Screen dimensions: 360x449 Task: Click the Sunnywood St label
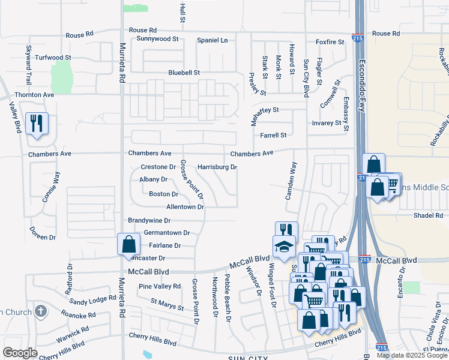pos(158,39)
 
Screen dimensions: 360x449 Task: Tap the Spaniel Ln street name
pos(212,40)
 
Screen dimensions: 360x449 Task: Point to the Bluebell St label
pos(184,72)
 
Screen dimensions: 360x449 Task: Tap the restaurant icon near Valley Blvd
pos(37,124)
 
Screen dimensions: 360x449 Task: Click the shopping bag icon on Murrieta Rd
pos(128,244)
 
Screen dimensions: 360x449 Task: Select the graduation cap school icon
pos(285,246)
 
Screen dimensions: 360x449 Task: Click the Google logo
pos(20,353)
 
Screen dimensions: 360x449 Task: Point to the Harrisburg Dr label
pos(217,167)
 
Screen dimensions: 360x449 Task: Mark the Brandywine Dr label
pos(149,221)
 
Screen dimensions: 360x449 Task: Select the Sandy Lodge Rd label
pos(92,298)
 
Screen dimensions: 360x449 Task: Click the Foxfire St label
pos(330,42)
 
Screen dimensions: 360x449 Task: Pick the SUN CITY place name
pos(248,358)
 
